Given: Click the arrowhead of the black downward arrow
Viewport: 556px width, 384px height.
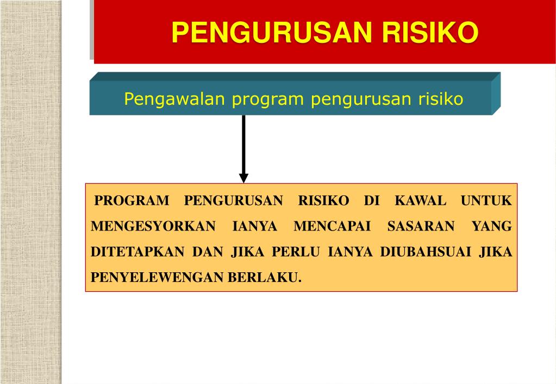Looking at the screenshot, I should coord(243,177).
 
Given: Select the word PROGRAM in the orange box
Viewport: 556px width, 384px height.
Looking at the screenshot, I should coord(132,201).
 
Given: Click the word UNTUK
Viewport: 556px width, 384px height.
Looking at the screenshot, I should coord(486,201).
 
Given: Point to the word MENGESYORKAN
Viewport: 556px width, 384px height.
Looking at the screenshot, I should coord(153,226).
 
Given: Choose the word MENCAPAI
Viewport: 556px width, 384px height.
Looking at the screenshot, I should coord(332,226).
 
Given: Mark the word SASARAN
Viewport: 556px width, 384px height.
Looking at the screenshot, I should coord(421,226).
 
